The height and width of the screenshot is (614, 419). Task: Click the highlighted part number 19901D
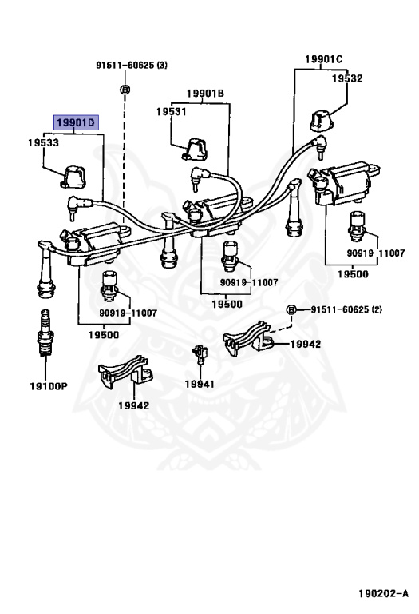pos(76,122)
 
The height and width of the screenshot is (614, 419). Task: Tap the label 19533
pos(43,142)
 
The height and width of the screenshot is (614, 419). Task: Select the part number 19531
pos(172,112)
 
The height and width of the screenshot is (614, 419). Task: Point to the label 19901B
pos(205,94)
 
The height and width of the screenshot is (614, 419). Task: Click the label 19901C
pos(324,59)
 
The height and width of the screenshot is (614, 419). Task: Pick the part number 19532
pos(347,78)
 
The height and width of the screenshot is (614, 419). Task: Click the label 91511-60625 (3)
pos(132,65)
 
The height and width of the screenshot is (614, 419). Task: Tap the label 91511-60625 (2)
pos(346,309)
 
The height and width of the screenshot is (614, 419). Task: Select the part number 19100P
pos(49,386)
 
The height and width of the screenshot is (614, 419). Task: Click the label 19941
pos(200,384)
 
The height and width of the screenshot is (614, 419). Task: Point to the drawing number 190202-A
pos(383,594)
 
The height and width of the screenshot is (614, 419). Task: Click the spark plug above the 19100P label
pos(45,333)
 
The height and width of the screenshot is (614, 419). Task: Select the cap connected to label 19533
pos(74,177)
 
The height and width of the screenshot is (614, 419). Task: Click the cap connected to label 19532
pos(322,121)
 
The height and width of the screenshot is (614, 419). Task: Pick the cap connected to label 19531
pos(195,150)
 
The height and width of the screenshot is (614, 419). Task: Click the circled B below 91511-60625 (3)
pos(125,90)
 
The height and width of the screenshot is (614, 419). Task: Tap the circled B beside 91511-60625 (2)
pos(291,309)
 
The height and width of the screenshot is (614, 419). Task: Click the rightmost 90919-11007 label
pos(376,253)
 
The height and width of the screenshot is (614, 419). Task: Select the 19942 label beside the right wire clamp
pos(305,344)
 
